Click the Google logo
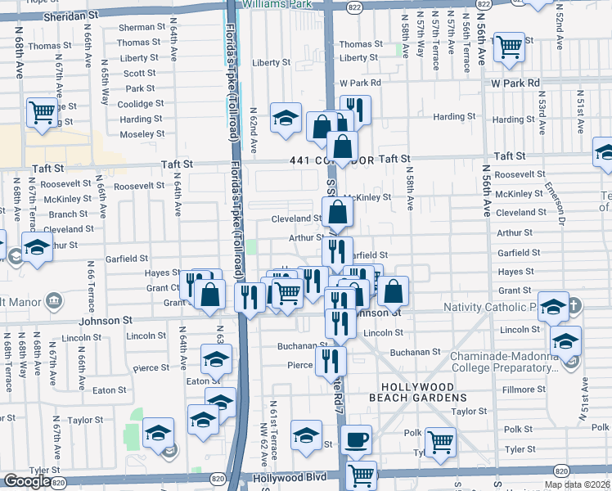point(27,481)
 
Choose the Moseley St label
point(142,133)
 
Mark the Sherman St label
point(140,28)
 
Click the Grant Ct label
point(163,288)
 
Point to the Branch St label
point(62,214)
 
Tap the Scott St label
point(140,73)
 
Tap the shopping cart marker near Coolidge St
point(41,111)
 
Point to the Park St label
point(140,88)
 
